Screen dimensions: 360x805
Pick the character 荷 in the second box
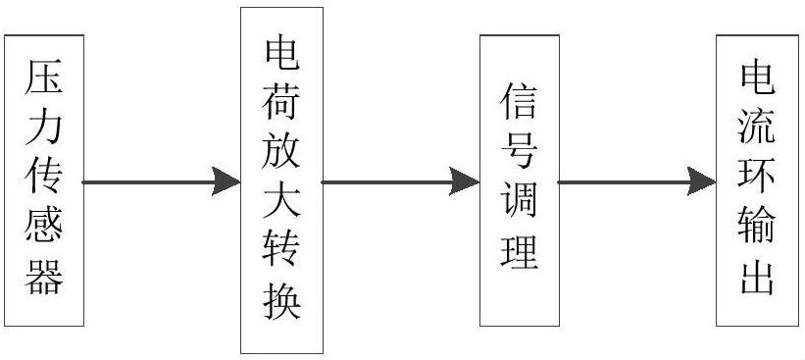tap(281, 102)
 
